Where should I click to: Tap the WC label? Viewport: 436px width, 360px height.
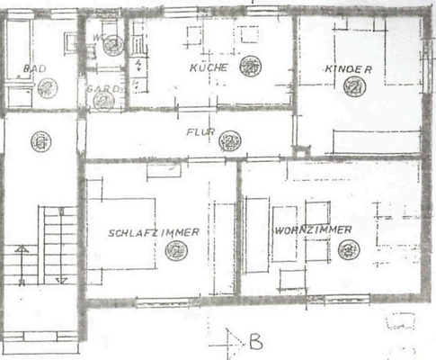pyautogui.click(x=98, y=38)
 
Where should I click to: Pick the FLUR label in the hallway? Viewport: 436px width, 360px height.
pyautogui.click(x=200, y=132)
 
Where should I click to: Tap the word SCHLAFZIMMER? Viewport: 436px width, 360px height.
pyautogui.click(x=154, y=232)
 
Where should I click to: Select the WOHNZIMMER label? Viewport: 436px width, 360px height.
pyautogui.click(x=313, y=230)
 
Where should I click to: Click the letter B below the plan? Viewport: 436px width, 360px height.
pyautogui.click(x=255, y=342)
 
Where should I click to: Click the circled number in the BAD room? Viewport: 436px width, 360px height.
pyautogui.click(x=48, y=86)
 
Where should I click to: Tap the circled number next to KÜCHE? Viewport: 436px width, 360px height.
pyautogui.click(x=250, y=66)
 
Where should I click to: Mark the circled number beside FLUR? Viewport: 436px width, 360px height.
pyautogui.click(x=230, y=140)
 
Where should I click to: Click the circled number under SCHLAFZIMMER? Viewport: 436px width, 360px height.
pyautogui.click(x=176, y=253)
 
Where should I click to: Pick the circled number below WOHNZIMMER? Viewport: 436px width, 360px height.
pyautogui.click(x=349, y=249)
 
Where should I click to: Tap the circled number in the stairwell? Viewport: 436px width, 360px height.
pyautogui.click(x=39, y=141)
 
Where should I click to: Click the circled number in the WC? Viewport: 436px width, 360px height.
pyautogui.click(x=112, y=47)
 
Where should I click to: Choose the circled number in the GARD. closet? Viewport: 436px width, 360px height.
pyautogui.click(x=103, y=101)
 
